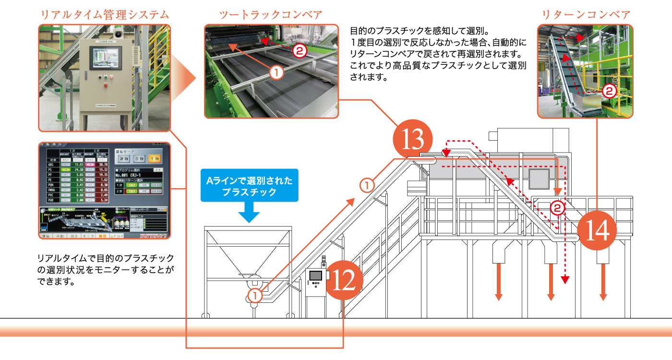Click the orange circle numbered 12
click(344, 278)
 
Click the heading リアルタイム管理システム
click(104, 14)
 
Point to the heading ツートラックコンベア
click(271, 14)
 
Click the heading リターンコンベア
click(586, 14)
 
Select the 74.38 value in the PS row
click(80, 170)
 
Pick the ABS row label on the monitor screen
click(51, 164)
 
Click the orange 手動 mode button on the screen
click(154, 158)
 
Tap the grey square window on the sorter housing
click(540, 179)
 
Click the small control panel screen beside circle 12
click(316, 276)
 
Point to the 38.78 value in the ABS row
click(156, 164)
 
